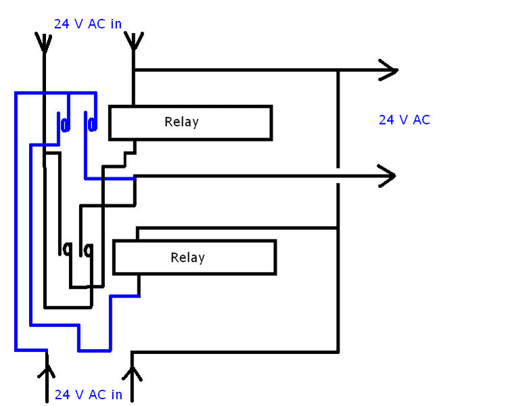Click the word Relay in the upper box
[x=181, y=122]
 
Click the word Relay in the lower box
[x=187, y=258]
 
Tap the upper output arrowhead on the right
[x=389, y=70]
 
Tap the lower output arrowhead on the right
[x=387, y=176]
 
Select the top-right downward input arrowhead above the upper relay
[x=134, y=42]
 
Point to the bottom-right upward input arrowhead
[x=133, y=371]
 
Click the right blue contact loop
[x=91, y=124]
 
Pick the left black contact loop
[x=66, y=250]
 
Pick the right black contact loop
[x=88, y=250]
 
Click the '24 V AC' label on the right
[x=404, y=120]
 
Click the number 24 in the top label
[x=62, y=24]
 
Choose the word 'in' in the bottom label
[x=116, y=394]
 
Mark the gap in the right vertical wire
[x=338, y=175]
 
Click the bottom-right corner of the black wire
[x=338, y=352]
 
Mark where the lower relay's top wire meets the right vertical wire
[x=338, y=228]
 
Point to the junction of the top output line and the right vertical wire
[x=338, y=70]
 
